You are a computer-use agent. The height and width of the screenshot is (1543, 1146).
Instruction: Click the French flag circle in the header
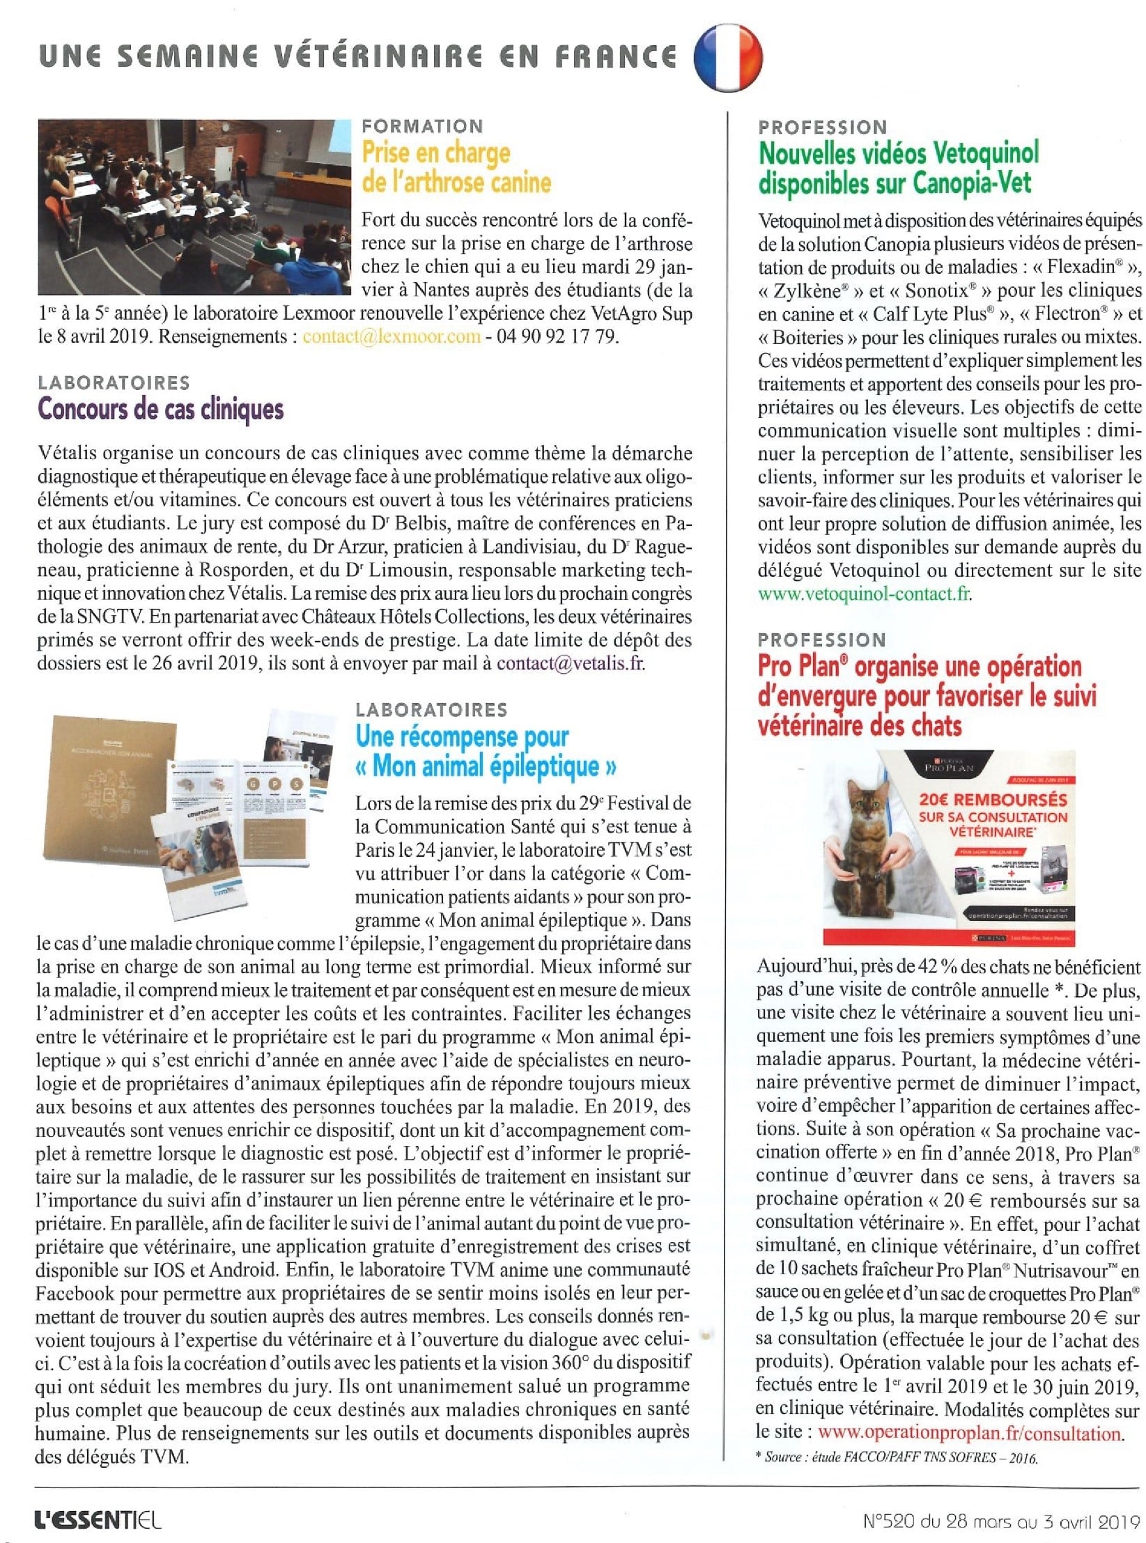[x=728, y=56]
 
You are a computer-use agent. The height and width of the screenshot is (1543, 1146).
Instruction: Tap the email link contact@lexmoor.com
[x=392, y=336]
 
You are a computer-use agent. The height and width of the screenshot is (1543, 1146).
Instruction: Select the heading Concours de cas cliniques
[x=161, y=409]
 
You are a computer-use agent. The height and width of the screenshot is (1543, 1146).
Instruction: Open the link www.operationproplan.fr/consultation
[x=969, y=1434]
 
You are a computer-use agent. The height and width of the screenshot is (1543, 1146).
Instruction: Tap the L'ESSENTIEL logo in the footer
[x=98, y=1519]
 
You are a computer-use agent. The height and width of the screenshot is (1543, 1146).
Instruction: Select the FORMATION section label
[x=422, y=126]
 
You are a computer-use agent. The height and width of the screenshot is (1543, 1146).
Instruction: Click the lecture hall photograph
[x=195, y=206]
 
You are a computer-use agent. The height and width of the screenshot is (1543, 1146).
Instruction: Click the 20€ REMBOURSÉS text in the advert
[x=993, y=800]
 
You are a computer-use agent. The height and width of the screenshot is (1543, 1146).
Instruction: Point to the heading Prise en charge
[x=436, y=153]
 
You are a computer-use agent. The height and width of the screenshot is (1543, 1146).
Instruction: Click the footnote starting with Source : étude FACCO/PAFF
[x=897, y=1457]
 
